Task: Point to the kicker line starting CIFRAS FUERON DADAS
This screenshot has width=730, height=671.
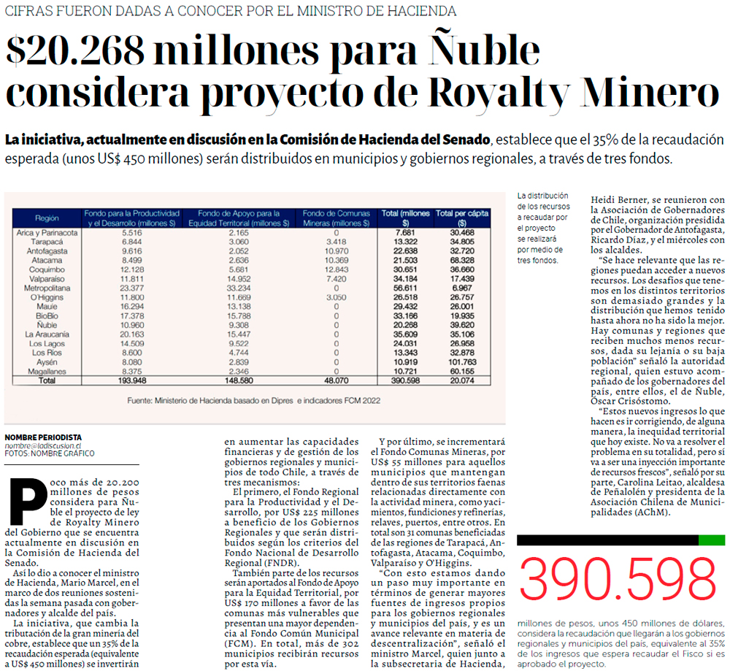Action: point(231,11)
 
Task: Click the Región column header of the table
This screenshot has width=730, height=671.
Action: point(46,218)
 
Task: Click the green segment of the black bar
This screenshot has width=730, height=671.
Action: point(711,540)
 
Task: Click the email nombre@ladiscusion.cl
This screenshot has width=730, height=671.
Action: point(42,445)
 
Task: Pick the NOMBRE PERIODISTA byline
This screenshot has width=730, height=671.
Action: point(43,437)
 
